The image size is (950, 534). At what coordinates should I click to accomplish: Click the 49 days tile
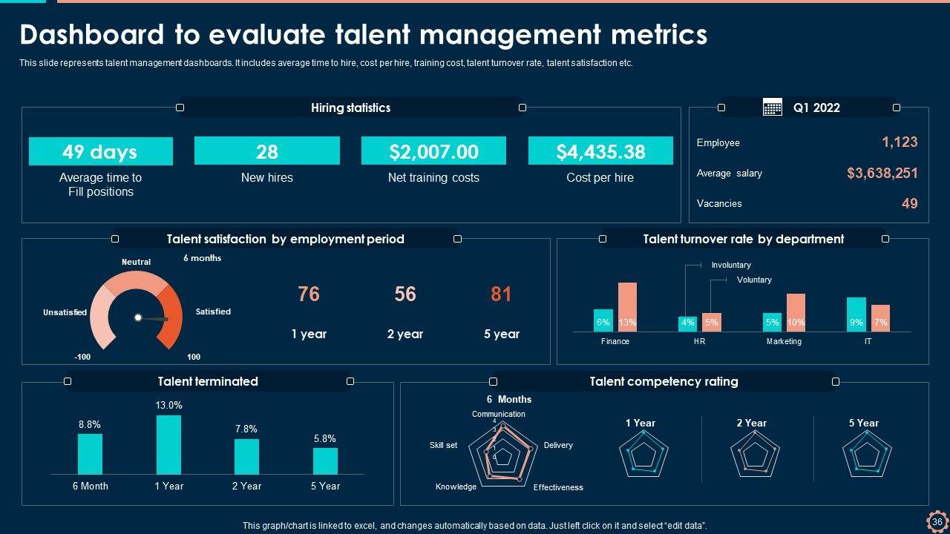click(x=100, y=151)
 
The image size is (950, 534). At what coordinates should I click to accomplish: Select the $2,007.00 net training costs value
click(x=433, y=151)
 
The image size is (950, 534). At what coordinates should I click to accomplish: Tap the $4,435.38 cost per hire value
click(x=600, y=151)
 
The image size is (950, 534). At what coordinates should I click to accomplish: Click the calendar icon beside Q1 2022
click(x=773, y=108)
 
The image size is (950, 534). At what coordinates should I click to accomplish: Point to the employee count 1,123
click(x=900, y=142)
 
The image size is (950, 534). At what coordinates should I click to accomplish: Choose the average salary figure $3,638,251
click(x=882, y=174)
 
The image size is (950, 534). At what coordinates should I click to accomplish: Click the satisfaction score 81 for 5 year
click(x=501, y=294)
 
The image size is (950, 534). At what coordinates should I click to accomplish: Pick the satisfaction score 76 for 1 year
click(x=309, y=294)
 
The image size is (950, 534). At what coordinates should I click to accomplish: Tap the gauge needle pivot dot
click(x=137, y=317)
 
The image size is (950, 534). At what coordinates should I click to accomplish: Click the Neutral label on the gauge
click(x=136, y=262)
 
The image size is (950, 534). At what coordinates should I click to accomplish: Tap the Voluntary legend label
click(x=754, y=280)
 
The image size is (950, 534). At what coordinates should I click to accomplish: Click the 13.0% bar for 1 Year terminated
click(x=168, y=444)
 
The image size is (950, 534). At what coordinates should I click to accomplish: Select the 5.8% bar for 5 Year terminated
click(x=325, y=461)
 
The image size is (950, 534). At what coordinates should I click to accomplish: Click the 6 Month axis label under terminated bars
click(x=90, y=486)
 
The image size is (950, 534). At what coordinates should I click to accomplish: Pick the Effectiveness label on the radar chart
click(x=558, y=487)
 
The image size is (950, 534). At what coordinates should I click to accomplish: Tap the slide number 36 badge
click(x=937, y=521)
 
